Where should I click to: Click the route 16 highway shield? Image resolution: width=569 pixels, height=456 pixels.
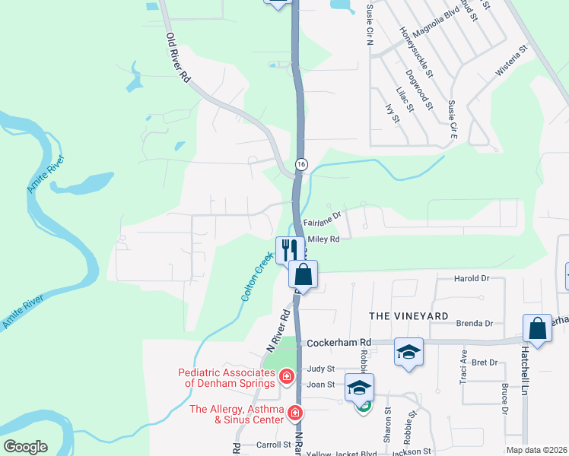coord(302,164)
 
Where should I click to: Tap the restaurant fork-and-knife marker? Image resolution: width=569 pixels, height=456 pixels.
coord(288,249)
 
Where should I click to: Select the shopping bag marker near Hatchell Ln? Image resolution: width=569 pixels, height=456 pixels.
coord(537,328)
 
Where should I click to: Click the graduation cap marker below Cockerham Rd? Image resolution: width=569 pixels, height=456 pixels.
coord(408,351)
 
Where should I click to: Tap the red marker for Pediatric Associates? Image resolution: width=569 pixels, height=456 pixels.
coord(286,376)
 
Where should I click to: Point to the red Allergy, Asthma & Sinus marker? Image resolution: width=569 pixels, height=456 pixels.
coord(294,413)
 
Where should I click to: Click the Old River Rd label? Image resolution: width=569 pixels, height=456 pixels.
coord(178,58)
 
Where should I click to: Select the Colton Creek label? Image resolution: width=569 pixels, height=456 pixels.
coord(256,278)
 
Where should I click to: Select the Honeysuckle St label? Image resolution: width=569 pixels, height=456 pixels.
coord(416,52)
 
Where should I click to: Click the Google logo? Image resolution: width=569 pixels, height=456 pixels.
coord(25,447)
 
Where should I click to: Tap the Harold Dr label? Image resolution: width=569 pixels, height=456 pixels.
coord(472,279)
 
